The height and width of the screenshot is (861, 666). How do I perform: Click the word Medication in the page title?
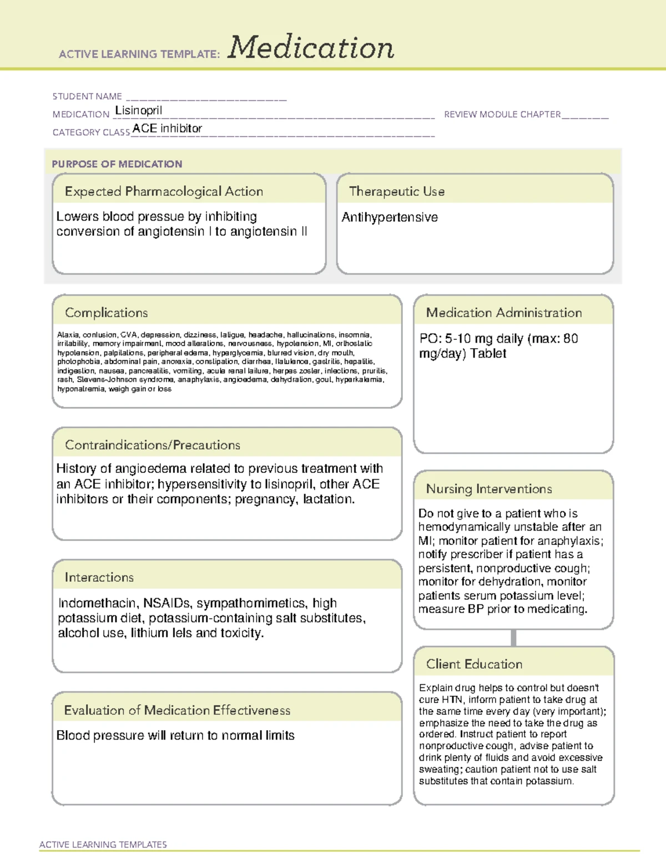[x=311, y=48]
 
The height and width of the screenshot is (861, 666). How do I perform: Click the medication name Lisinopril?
[x=139, y=110]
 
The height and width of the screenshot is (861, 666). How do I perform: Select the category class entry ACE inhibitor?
[x=167, y=128]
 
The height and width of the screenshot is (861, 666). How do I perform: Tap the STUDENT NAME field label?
[x=87, y=96]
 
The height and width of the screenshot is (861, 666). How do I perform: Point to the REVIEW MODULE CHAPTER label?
[x=502, y=114]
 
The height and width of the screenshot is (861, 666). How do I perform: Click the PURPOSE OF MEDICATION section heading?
[x=117, y=164]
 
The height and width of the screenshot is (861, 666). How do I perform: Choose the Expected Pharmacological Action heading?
[x=164, y=191]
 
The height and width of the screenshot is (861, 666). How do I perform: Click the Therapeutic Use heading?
[x=397, y=191]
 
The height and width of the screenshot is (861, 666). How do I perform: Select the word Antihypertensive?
[x=390, y=217]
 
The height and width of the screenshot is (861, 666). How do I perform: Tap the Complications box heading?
[x=107, y=313]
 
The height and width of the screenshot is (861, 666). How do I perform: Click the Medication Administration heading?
[x=504, y=313]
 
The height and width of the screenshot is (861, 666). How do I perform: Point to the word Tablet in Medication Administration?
[x=488, y=354]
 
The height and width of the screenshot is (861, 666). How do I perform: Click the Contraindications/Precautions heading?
[x=153, y=445]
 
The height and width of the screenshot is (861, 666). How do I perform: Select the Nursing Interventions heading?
[x=489, y=489]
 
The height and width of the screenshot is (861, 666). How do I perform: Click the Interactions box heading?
[x=99, y=578]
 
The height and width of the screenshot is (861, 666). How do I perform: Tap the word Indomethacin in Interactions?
[x=97, y=603]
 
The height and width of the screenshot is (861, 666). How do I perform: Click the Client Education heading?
[x=474, y=664]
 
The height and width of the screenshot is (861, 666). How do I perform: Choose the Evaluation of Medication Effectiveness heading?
[x=177, y=710]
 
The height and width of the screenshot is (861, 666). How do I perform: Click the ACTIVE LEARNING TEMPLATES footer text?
[x=103, y=844]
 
